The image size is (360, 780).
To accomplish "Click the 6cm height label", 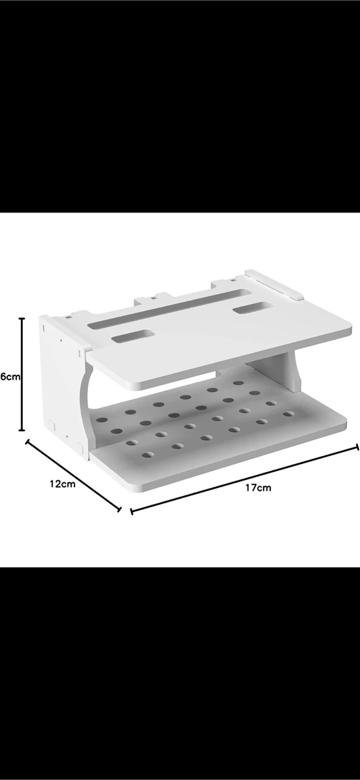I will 10,376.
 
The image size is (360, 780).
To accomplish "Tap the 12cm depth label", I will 63,484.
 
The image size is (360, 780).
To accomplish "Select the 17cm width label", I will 258,487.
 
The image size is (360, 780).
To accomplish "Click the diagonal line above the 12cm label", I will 73,475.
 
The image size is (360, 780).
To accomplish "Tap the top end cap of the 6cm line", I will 22,318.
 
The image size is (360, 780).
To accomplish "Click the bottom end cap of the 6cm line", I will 22,430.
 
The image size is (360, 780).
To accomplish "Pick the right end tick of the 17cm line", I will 357,447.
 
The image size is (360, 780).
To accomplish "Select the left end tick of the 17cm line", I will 132,510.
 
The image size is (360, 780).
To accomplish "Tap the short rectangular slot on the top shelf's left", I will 131,336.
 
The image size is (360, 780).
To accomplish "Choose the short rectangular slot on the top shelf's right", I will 253,310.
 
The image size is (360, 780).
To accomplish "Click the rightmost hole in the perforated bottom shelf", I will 289,414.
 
